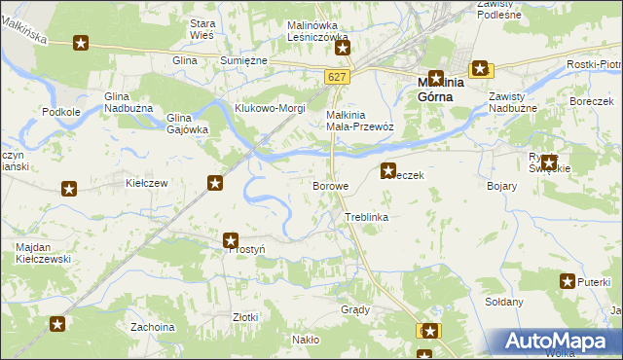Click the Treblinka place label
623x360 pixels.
click(x=366, y=217)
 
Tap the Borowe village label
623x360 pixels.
click(x=330, y=186)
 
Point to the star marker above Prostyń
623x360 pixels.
click(x=231, y=240)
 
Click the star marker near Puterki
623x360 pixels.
click(x=568, y=282)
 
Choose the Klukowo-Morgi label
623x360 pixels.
click(x=268, y=108)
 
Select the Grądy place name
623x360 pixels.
click(x=355, y=310)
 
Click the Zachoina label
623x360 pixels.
click(x=152, y=327)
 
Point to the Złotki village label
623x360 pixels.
click(x=245, y=317)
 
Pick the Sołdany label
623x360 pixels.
click(x=504, y=302)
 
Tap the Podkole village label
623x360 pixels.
click(x=61, y=112)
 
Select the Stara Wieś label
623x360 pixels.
click(x=202, y=28)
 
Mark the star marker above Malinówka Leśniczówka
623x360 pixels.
click(x=342, y=45)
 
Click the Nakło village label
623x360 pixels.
click(x=305, y=340)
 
